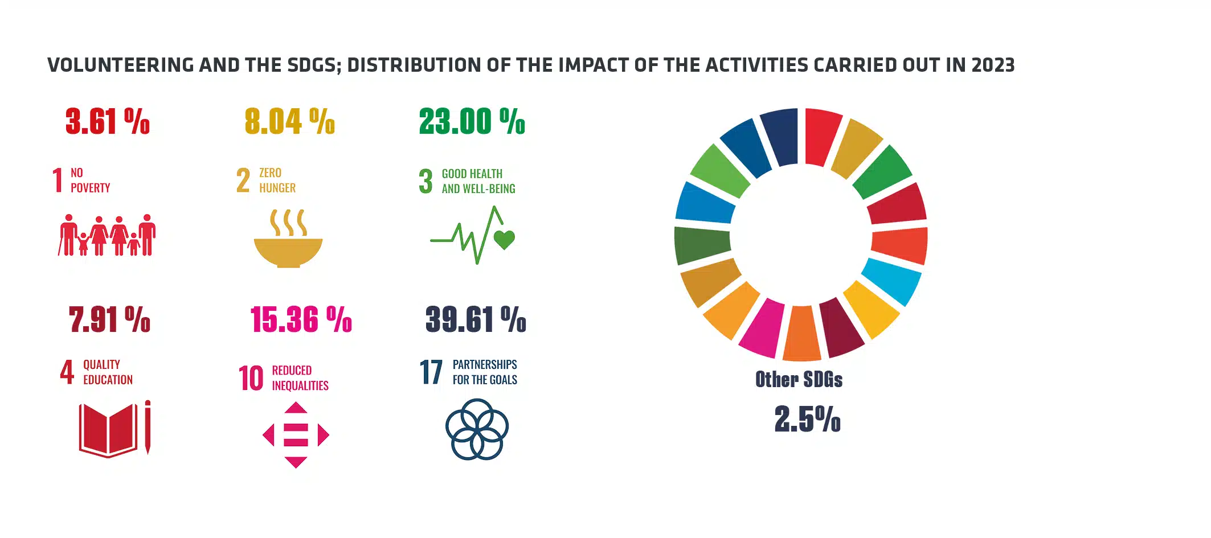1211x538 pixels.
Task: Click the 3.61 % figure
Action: click(108, 121)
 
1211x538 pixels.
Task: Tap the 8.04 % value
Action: click(290, 121)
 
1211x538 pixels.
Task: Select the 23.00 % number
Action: click(472, 121)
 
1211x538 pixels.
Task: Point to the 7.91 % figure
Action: click(109, 319)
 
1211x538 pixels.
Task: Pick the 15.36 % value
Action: click(301, 319)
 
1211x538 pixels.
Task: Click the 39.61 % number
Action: click(476, 319)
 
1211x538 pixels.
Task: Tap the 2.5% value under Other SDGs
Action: click(807, 420)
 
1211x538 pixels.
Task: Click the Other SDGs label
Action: click(799, 380)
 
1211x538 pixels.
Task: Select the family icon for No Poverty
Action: click(107, 235)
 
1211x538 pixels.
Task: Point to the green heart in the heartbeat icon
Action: click(504, 240)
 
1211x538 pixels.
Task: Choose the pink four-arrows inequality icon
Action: click(296, 436)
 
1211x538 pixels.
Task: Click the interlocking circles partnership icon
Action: click(477, 429)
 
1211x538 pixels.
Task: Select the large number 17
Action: click(431, 372)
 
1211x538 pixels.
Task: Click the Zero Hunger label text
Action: click(277, 180)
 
